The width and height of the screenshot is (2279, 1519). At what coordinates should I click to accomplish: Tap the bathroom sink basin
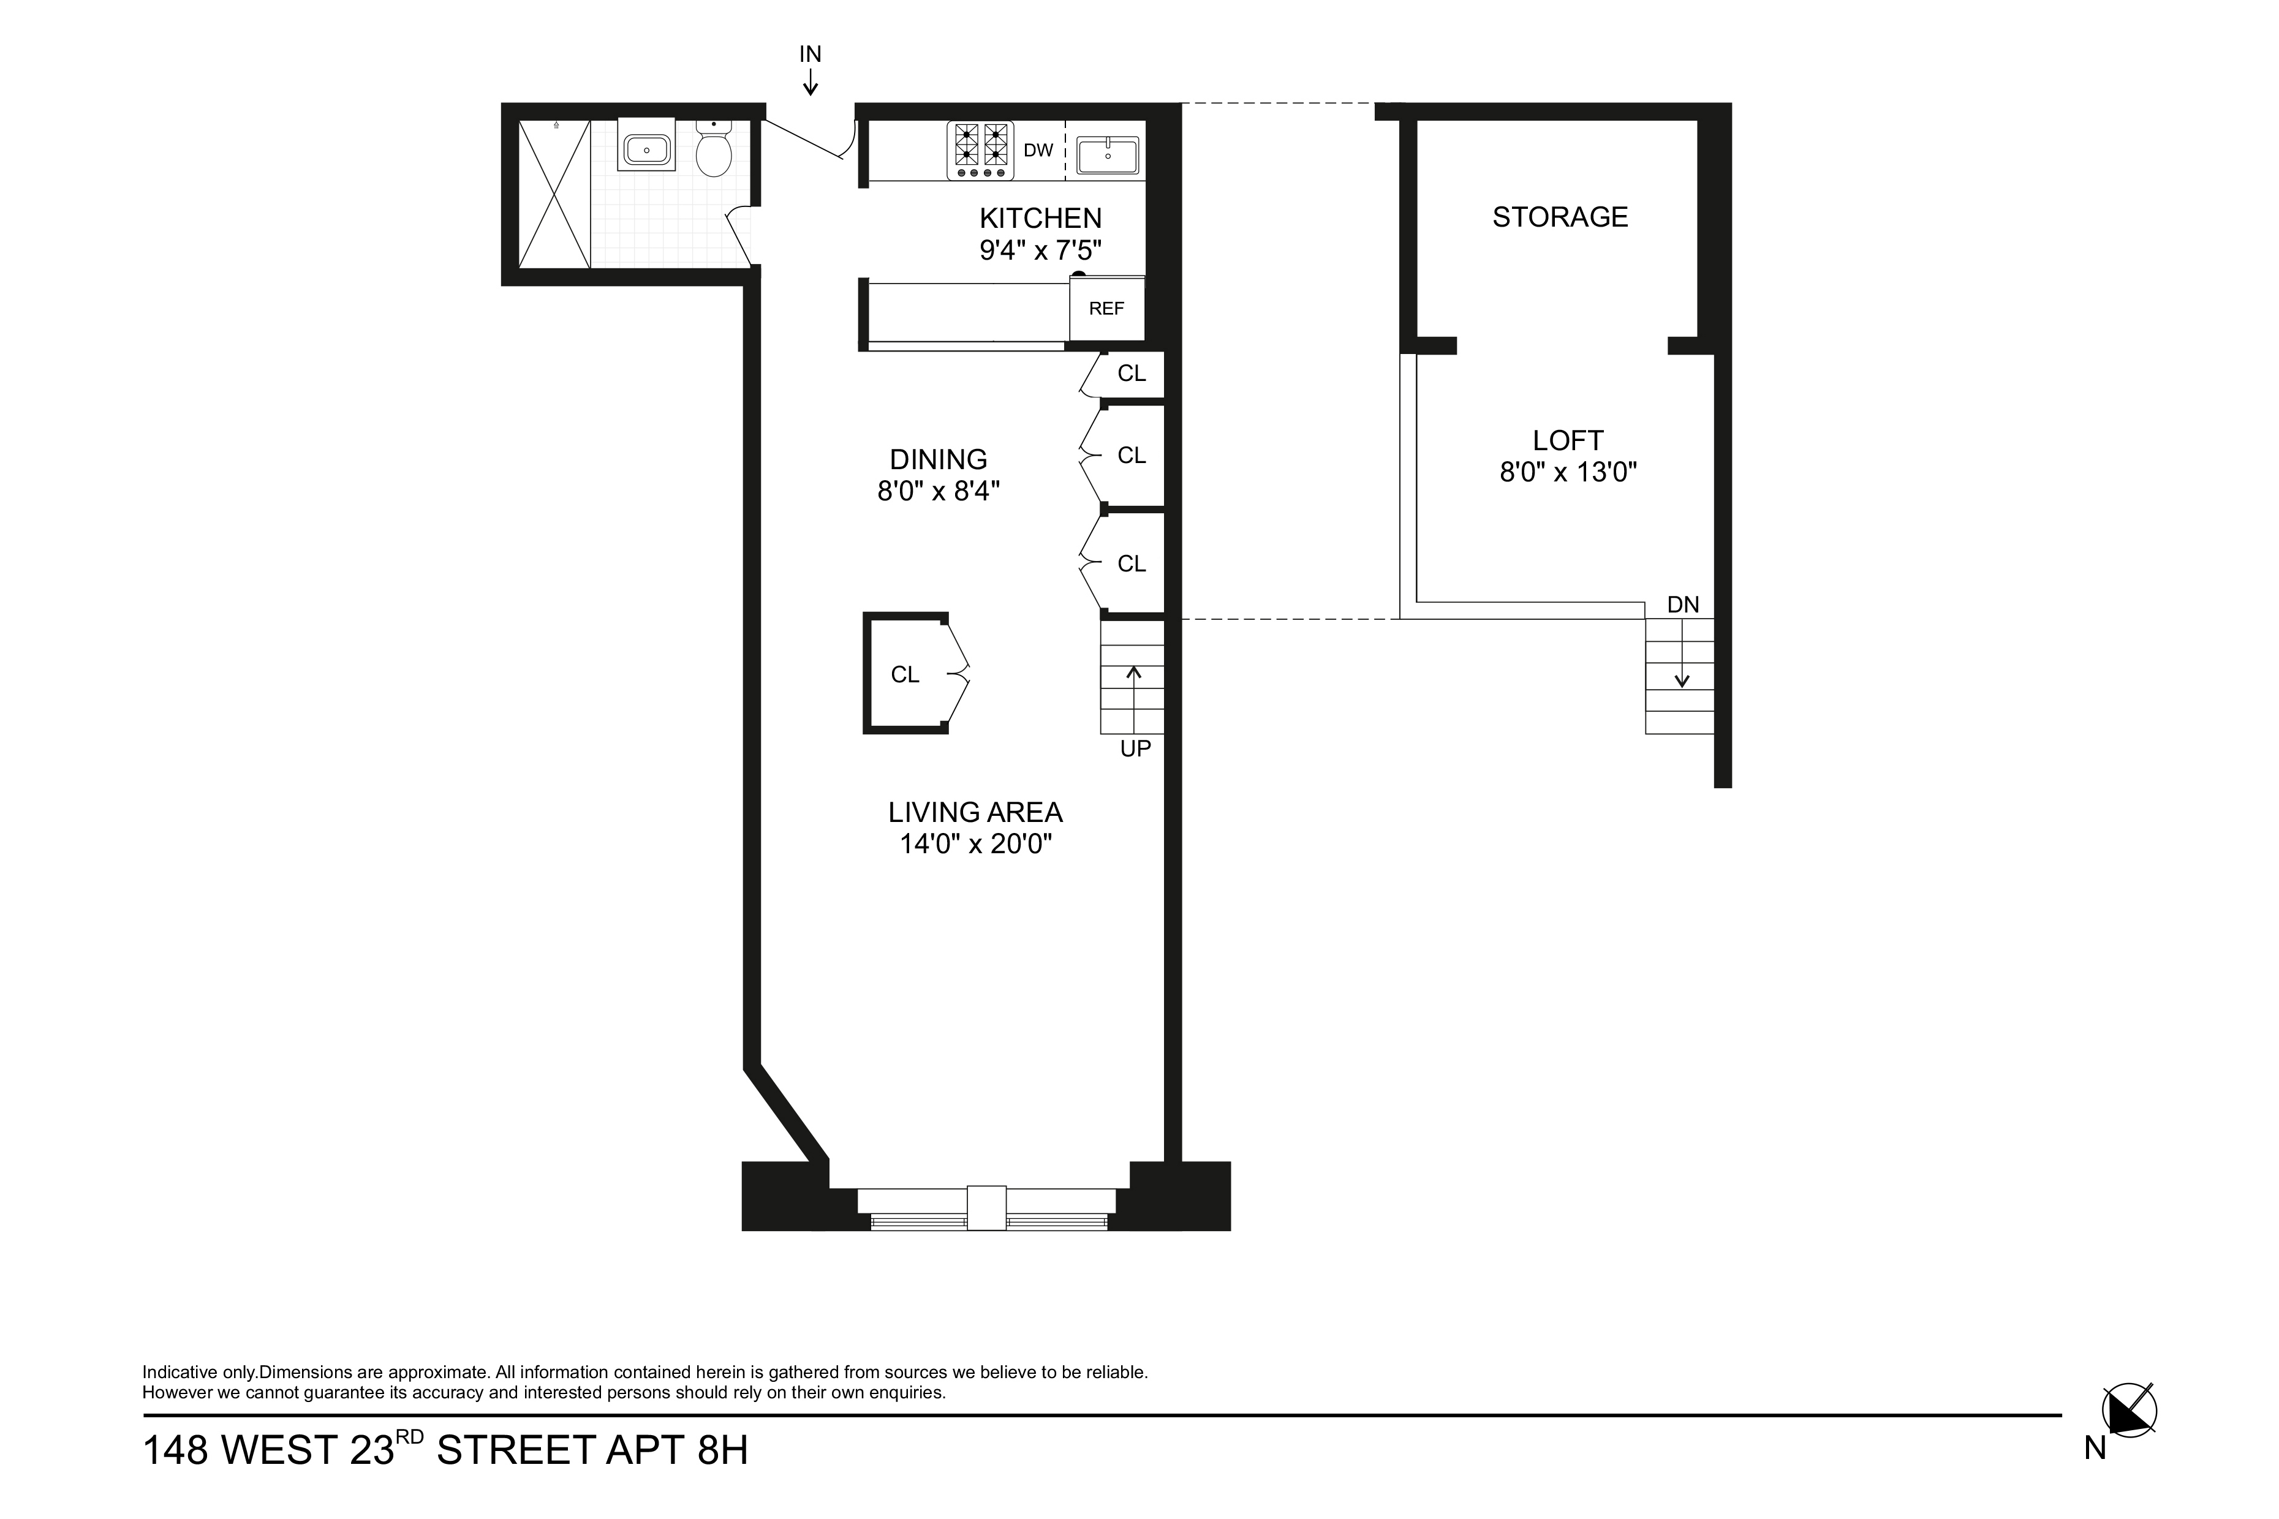pyautogui.click(x=646, y=150)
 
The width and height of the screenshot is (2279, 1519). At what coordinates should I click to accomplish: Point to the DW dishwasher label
pyautogui.click(x=1038, y=150)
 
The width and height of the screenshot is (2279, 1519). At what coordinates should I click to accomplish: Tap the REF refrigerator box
pyautogui.click(x=1106, y=308)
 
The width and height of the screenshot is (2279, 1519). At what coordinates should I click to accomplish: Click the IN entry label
pyautogui.click(x=810, y=55)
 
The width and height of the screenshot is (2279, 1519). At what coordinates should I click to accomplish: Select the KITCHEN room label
pyautogui.click(x=1041, y=218)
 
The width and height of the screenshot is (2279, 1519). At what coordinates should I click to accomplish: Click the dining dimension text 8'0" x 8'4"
pyautogui.click(x=938, y=491)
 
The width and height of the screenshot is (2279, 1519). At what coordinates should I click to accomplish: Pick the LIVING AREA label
pyautogui.click(x=976, y=812)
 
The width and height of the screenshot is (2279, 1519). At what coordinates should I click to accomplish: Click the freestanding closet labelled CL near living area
pyautogui.click(x=906, y=673)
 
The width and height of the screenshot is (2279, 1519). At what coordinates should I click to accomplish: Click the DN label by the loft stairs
pyautogui.click(x=1683, y=605)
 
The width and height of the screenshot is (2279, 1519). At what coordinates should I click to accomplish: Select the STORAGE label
pyautogui.click(x=1560, y=217)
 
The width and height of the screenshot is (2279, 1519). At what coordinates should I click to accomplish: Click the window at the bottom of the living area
pyautogui.click(x=988, y=1210)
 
